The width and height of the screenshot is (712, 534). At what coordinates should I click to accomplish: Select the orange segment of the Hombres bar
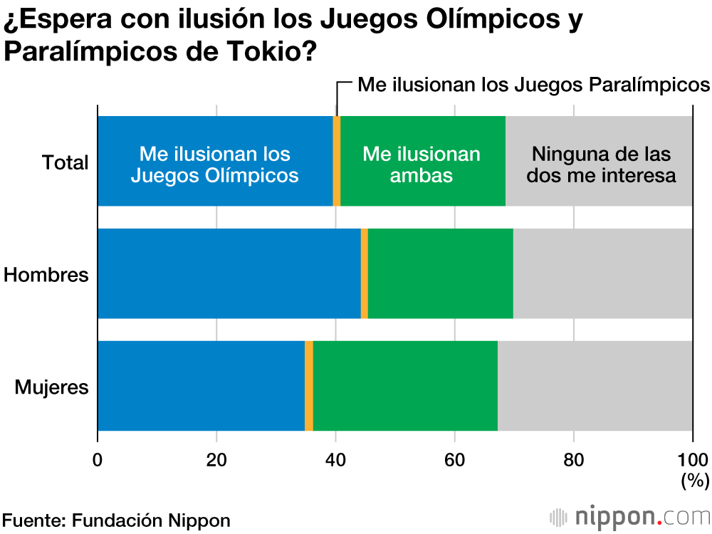pos(365,273)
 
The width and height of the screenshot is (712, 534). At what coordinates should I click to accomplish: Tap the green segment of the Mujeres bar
pos(404,386)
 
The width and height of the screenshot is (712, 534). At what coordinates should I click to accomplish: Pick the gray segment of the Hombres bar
pos(602,273)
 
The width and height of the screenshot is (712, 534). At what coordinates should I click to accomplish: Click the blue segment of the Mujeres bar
pos(201,386)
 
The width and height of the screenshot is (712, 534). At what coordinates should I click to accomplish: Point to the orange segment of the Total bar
pos(337,162)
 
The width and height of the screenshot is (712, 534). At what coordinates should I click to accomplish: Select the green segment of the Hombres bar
pos(440,273)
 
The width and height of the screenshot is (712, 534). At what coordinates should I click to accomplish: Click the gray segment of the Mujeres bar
pos(595,386)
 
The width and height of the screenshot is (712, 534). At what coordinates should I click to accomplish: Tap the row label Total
pos(66,162)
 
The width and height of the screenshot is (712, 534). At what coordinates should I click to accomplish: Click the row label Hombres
pos(46,275)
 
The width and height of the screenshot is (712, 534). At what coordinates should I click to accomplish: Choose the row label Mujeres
pos(52,387)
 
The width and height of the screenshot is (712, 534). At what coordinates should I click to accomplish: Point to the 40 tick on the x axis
pos(335,458)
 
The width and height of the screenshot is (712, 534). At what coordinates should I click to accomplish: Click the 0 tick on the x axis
pos(98,458)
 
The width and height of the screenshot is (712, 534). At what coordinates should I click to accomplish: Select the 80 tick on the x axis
pos(573,458)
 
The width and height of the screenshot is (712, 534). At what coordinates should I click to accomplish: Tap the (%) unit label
pos(694,481)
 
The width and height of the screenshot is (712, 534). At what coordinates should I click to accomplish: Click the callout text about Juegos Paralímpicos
pos(533,85)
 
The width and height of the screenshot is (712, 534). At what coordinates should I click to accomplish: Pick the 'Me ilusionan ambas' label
pos(422,164)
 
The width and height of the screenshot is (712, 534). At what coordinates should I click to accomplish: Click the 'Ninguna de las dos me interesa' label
pos(602,164)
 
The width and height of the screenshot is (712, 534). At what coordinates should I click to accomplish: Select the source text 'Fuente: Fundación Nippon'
pos(116,520)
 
